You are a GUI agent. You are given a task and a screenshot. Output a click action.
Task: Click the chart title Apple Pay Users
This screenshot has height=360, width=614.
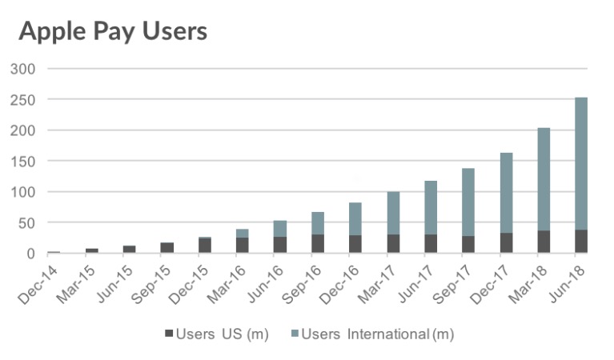(113, 32)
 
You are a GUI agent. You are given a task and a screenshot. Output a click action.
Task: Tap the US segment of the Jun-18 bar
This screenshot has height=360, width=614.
(581, 242)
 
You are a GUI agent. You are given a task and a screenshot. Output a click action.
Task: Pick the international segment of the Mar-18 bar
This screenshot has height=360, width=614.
(544, 179)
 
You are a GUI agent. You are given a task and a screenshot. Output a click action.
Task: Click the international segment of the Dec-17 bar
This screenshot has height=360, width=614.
(506, 193)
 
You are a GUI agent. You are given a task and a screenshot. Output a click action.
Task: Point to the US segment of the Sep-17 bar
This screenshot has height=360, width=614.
(468, 245)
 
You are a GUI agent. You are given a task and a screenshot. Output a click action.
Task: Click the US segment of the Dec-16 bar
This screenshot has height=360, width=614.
(355, 244)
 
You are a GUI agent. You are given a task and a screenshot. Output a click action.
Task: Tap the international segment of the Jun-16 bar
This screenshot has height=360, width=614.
(280, 229)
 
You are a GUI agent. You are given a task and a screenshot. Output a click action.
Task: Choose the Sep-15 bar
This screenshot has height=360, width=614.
(167, 248)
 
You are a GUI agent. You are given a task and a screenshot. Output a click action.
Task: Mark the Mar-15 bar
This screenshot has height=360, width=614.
(92, 250)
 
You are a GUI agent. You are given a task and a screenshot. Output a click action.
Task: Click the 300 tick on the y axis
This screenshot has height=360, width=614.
(23, 69)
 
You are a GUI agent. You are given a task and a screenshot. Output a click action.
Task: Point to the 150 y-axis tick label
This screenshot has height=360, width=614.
(23, 161)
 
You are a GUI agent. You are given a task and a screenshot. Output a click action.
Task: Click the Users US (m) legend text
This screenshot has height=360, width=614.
(221, 334)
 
